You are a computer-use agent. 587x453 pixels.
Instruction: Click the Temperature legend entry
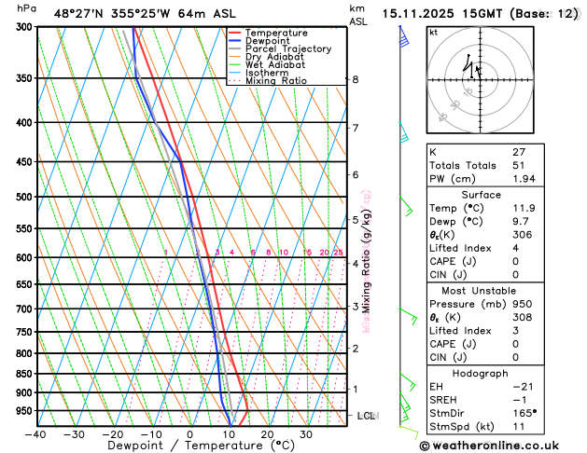[x=275, y=34]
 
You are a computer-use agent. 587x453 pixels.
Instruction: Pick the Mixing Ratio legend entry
[x=276, y=81]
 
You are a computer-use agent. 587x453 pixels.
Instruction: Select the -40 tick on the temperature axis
[x=36, y=434]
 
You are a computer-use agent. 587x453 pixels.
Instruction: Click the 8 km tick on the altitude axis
[x=356, y=80]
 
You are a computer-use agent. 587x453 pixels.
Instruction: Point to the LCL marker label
[x=366, y=416]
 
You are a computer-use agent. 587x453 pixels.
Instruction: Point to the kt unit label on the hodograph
[x=433, y=33]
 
